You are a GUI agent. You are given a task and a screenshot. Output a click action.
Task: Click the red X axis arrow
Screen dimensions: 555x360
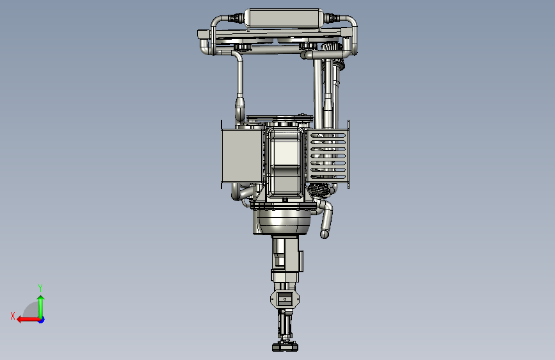tap(28, 320)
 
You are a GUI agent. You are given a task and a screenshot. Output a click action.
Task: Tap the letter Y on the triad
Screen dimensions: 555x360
tap(40, 288)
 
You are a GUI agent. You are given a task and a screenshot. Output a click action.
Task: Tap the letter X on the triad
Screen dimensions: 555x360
tap(13, 316)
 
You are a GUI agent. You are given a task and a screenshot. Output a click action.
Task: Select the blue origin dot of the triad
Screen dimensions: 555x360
tap(42, 320)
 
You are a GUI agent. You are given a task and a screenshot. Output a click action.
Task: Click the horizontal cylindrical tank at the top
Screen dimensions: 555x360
tap(284, 18)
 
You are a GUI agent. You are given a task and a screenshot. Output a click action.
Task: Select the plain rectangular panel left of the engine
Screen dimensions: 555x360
tap(242, 156)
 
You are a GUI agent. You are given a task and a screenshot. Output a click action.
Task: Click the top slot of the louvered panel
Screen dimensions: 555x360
tap(328, 135)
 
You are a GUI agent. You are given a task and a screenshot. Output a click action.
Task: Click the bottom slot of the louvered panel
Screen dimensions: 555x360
tap(328, 176)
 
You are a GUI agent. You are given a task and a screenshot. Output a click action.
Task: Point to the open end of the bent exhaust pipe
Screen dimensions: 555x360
tap(324, 234)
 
